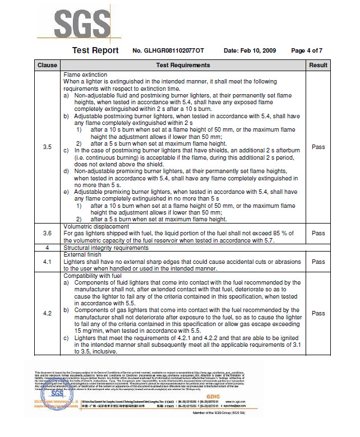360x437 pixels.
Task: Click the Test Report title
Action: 95,50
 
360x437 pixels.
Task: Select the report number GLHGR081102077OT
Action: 168,51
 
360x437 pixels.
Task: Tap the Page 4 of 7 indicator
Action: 306,51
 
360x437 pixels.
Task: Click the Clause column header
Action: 47,66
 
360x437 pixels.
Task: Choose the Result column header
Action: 318,66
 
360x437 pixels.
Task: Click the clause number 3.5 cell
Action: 47,147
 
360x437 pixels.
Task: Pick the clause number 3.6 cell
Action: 47,233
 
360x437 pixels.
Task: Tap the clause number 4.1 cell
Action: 47,261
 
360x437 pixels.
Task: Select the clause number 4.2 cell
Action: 47,313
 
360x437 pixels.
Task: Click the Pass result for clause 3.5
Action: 318,147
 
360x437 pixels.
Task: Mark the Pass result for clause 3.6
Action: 318,233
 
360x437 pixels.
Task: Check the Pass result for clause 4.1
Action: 318,261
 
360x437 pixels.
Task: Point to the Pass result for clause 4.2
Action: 318,313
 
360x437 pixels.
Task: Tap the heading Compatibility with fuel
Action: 93,276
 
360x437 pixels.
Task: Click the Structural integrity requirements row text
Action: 106,247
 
